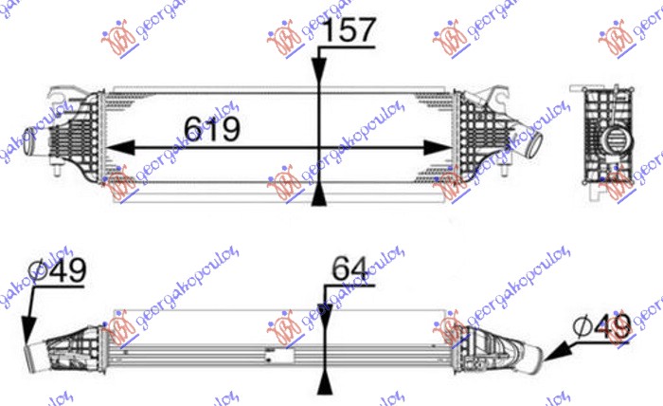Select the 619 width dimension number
210,127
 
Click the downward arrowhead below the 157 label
318,74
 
